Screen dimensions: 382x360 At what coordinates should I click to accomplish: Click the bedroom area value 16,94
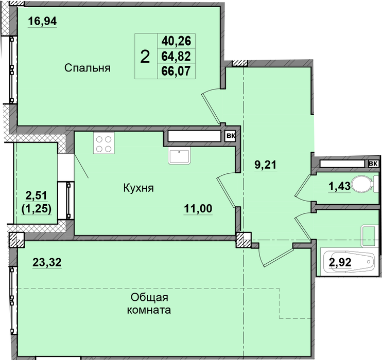pos(42,21)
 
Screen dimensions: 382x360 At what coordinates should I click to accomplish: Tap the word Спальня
pos(88,68)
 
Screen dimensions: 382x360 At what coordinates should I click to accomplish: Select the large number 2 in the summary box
pos(145,57)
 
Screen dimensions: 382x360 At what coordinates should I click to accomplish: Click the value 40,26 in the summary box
pos(176,41)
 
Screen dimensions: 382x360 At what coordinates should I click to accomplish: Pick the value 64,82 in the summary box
pos(176,56)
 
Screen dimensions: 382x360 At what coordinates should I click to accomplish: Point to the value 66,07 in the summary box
pos(176,71)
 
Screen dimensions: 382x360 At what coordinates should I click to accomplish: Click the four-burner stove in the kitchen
pos(104,143)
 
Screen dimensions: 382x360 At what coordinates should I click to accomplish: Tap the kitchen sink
pos(179,156)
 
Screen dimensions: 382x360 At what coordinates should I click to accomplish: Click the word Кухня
pos(138,188)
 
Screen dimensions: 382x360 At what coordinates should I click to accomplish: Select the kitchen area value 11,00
pos(198,209)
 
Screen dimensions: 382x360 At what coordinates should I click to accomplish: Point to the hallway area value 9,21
pos(266,165)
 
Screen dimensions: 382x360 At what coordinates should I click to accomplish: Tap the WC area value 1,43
pos(340,187)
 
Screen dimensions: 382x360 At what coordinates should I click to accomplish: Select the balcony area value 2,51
pos(37,195)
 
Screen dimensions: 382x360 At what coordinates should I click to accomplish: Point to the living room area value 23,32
pos(47,262)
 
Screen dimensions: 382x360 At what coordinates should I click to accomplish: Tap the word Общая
pos(149,297)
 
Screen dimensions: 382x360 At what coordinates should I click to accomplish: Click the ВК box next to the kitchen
pos(230,136)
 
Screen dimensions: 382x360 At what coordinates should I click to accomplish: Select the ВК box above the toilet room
pos(373,164)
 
